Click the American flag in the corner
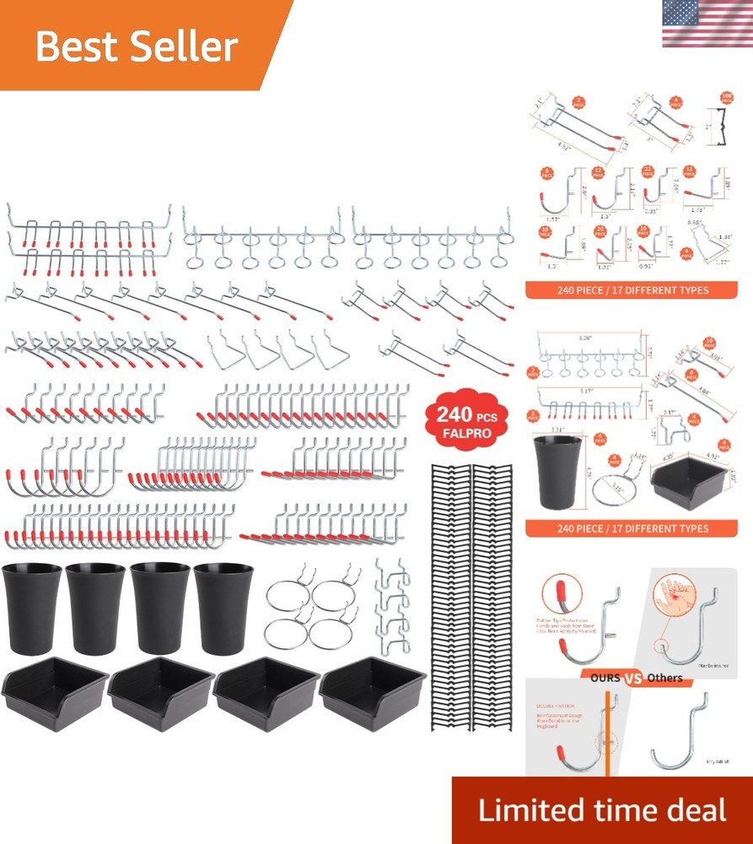click(x=707, y=24)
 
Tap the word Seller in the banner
click(x=188, y=47)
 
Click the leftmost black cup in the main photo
click(x=32, y=608)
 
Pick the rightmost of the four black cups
click(x=223, y=608)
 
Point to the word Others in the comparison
click(x=665, y=678)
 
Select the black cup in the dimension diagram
click(x=557, y=473)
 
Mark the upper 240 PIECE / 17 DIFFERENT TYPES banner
click(x=631, y=290)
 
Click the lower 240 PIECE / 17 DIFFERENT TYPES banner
click(x=631, y=529)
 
